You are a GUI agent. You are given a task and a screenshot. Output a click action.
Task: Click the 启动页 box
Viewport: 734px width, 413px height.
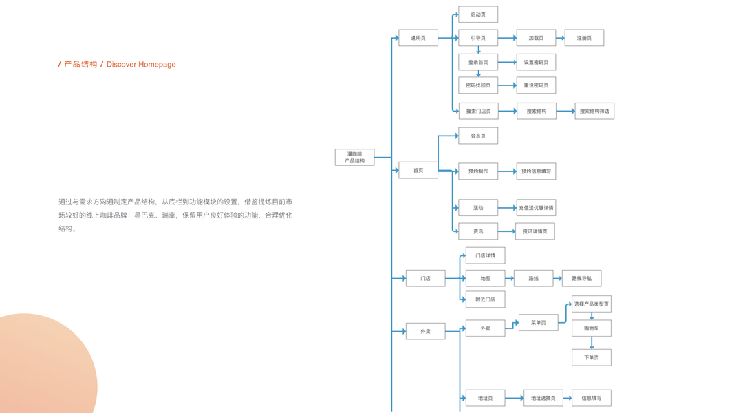[x=477, y=14]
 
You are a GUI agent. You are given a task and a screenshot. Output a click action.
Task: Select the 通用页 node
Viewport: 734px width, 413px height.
[x=418, y=38]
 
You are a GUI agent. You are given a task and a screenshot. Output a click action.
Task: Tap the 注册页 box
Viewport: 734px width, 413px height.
[x=584, y=38]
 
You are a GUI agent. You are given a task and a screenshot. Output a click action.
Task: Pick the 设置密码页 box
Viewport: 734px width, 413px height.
[x=536, y=62]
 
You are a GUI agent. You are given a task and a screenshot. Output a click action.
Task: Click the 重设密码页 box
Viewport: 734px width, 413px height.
[x=536, y=85]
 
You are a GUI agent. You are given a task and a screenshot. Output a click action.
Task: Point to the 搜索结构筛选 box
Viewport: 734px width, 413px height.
[x=594, y=111]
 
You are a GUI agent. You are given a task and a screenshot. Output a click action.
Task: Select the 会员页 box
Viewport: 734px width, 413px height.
[x=477, y=136]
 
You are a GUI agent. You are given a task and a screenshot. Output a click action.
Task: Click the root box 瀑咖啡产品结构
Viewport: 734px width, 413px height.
[x=354, y=158]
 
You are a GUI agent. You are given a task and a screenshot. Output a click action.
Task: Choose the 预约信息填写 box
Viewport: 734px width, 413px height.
[x=536, y=171]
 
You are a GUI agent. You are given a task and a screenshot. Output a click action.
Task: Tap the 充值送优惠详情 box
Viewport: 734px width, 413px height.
[x=536, y=207]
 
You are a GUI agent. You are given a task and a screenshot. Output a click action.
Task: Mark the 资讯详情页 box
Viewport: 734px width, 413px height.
[x=535, y=231]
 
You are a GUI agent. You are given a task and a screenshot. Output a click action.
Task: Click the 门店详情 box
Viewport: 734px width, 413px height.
[x=485, y=255]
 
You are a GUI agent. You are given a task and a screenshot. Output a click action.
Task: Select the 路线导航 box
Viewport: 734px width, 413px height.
[x=581, y=278]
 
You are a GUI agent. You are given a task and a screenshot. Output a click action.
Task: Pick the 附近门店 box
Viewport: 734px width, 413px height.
[x=485, y=299]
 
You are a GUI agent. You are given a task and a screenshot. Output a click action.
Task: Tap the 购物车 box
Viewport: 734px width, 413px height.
[x=591, y=328]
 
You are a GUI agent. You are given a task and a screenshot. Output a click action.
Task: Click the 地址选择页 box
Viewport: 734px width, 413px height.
[x=543, y=398]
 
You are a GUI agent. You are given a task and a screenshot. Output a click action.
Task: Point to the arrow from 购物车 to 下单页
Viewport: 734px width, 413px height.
[x=592, y=342]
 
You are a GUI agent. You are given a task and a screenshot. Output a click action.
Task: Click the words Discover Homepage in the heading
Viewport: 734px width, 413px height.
[x=141, y=65]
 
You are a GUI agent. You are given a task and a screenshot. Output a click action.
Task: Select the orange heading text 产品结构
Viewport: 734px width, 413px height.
[x=80, y=65]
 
